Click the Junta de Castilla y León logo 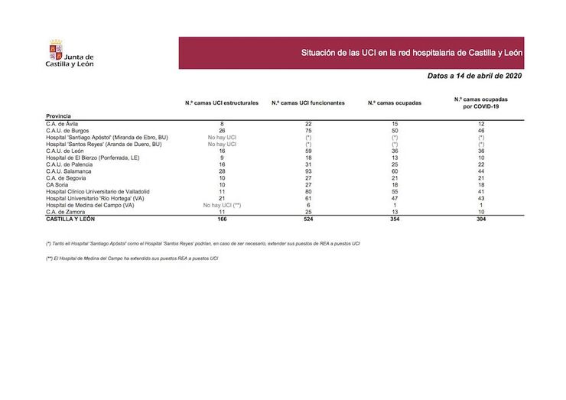coord(70,54)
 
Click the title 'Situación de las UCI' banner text coord(411,54)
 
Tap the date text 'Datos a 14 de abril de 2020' coord(474,76)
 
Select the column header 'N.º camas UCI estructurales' coord(222,102)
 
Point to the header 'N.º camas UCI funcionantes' coord(308,102)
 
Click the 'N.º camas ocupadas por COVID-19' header coord(480,102)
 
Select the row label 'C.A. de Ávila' coord(63,123)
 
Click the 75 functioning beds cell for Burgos coord(308,130)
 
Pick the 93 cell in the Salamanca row coord(308,171)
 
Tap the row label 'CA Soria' coord(58,185)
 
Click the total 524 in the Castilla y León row coord(308,220)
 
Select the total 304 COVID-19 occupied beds coord(480,220)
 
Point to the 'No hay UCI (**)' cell coord(222,206)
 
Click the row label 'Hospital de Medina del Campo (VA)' coord(90,206)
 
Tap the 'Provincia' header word coord(59,115)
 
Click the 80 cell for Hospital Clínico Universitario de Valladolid coord(308,192)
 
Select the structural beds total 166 coord(222,220)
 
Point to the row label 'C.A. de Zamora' coord(65,213)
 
